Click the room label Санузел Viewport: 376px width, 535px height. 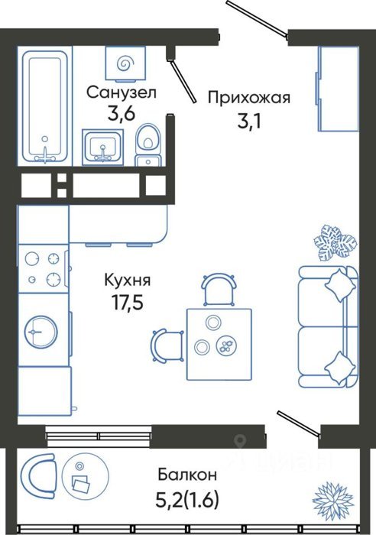(x=121, y=92)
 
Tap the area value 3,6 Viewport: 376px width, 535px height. (x=122, y=115)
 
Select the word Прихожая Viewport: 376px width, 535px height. (x=249, y=98)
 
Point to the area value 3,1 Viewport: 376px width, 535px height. (x=249, y=121)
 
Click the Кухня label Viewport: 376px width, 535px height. (x=128, y=280)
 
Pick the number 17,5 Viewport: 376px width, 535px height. (x=128, y=303)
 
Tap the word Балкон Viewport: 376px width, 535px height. (x=187, y=475)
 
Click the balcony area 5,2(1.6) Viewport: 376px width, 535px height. (x=187, y=500)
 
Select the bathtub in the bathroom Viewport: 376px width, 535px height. (x=44, y=106)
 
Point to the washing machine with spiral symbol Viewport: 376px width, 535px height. (x=125, y=63)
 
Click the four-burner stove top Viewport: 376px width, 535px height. (x=43, y=268)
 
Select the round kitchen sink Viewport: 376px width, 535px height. (x=41, y=332)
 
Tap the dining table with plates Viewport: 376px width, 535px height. (x=219, y=344)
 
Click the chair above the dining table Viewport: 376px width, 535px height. (x=219, y=290)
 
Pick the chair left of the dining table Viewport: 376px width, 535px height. (x=167, y=345)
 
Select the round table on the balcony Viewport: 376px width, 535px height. (x=85, y=476)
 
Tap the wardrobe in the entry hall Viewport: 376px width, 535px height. (x=338, y=89)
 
